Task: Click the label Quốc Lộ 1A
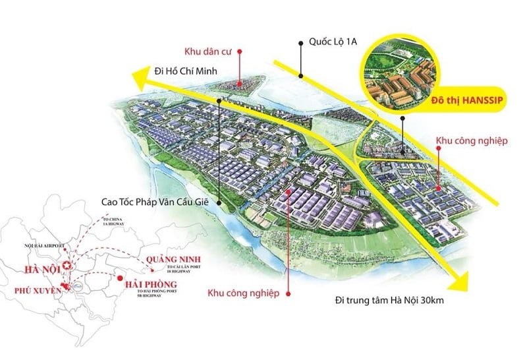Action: [x=333, y=41]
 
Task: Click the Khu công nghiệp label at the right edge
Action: [x=472, y=141]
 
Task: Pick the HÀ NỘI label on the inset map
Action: [x=38, y=269]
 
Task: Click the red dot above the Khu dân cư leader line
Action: [x=240, y=51]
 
